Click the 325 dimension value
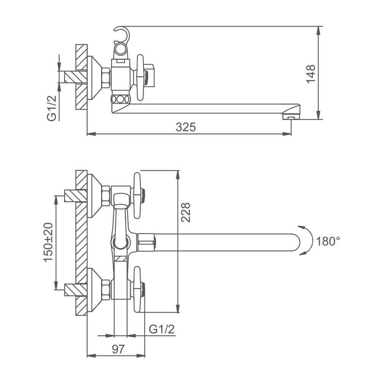click(x=186, y=127)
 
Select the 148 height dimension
click(x=311, y=74)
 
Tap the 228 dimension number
click(x=186, y=212)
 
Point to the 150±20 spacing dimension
click(x=48, y=242)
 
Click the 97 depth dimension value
click(x=118, y=349)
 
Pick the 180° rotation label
click(x=328, y=241)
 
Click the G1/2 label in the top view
click(x=52, y=108)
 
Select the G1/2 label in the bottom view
click(x=161, y=329)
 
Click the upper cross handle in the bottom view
click(x=138, y=195)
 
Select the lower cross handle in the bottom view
click(x=138, y=289)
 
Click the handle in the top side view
click(x=140, y=77)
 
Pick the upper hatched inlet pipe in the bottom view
click(x=75, y=196)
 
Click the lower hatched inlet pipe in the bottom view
click(x=75, y=290)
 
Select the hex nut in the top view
click(x=106, y=78)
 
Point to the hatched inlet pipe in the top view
click(x=75, y=77)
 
